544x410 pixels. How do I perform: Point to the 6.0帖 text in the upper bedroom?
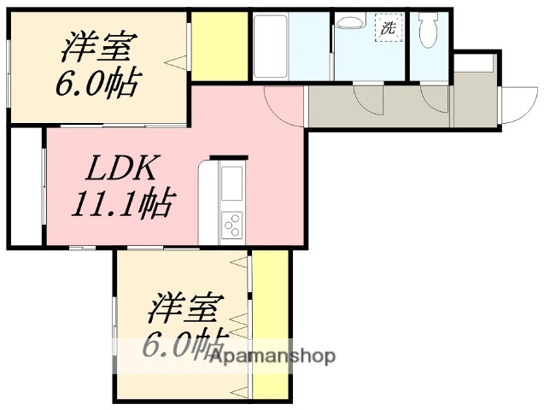click(x=99, y=83)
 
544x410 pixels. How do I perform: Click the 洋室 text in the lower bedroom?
click(x=189, y=307)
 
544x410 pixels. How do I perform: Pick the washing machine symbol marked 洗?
click(x=389, y=28)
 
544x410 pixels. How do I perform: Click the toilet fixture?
click(x=429, y=33)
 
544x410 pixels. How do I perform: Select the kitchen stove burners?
click(x=232, y=225)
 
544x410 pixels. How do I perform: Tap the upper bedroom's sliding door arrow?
click(x=178, y=61)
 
